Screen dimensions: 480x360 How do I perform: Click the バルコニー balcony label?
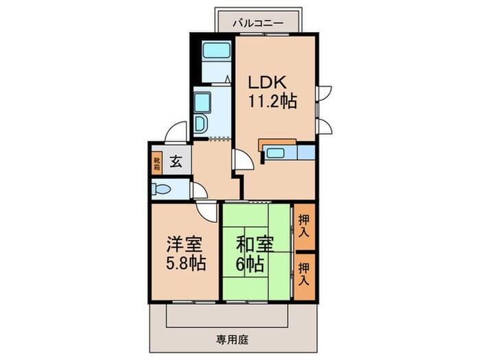click(x=258, y=23)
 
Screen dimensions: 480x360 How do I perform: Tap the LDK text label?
click(x=267, y=82)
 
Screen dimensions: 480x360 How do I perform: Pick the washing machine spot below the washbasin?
click(x=200, y=124)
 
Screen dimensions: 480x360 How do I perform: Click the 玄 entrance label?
click(x=176, y=161)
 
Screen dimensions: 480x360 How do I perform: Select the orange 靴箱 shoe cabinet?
click(x=157, y=164)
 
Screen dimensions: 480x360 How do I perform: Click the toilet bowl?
click(x=161, y=189)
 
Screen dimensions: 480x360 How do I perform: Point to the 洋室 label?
click(x=184, y=244)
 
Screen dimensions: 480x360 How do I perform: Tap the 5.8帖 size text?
click(x=186, y=263)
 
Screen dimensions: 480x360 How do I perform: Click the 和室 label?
click(x=254, y=244)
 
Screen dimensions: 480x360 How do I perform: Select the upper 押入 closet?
click(x=304, y=226)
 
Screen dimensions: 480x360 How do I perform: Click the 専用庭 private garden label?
click(x=232, y=340)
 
